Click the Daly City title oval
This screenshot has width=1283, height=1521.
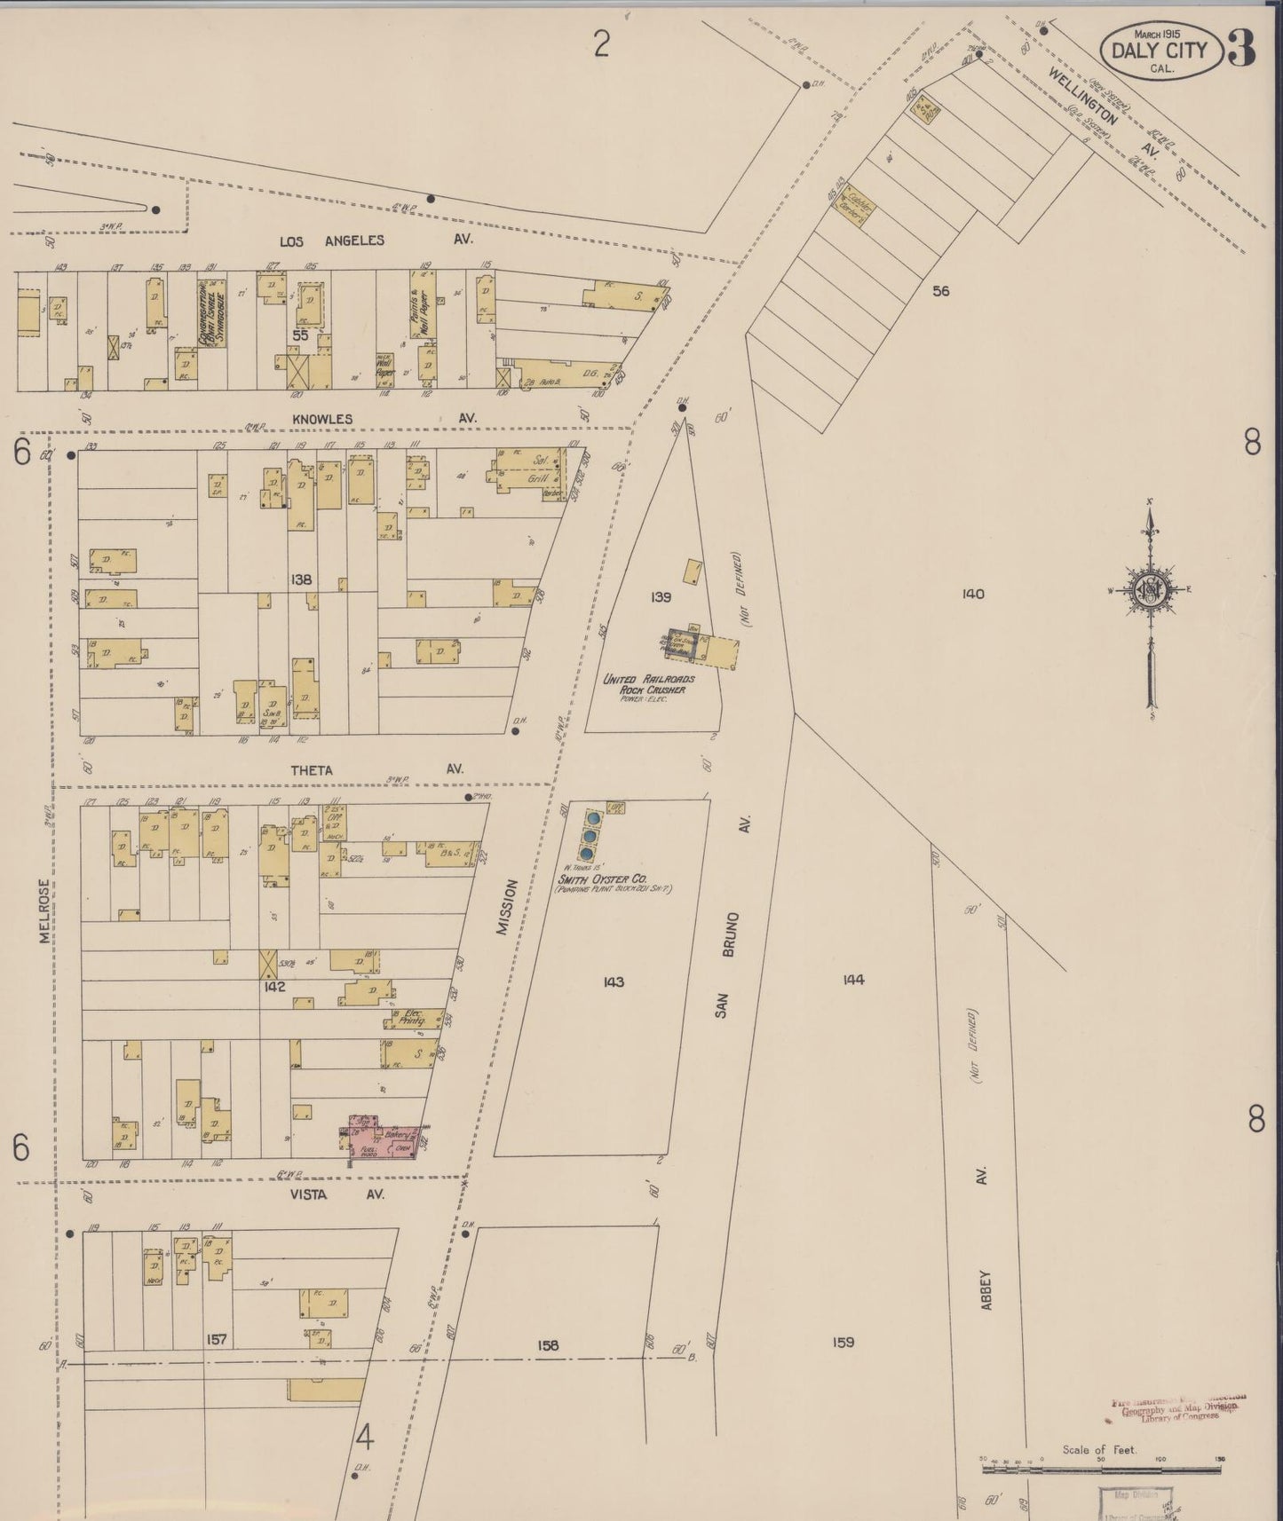(x=1160, y=50)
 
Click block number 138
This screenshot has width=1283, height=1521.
(x=301, y=579)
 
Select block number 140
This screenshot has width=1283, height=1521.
(x=973, y=594)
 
